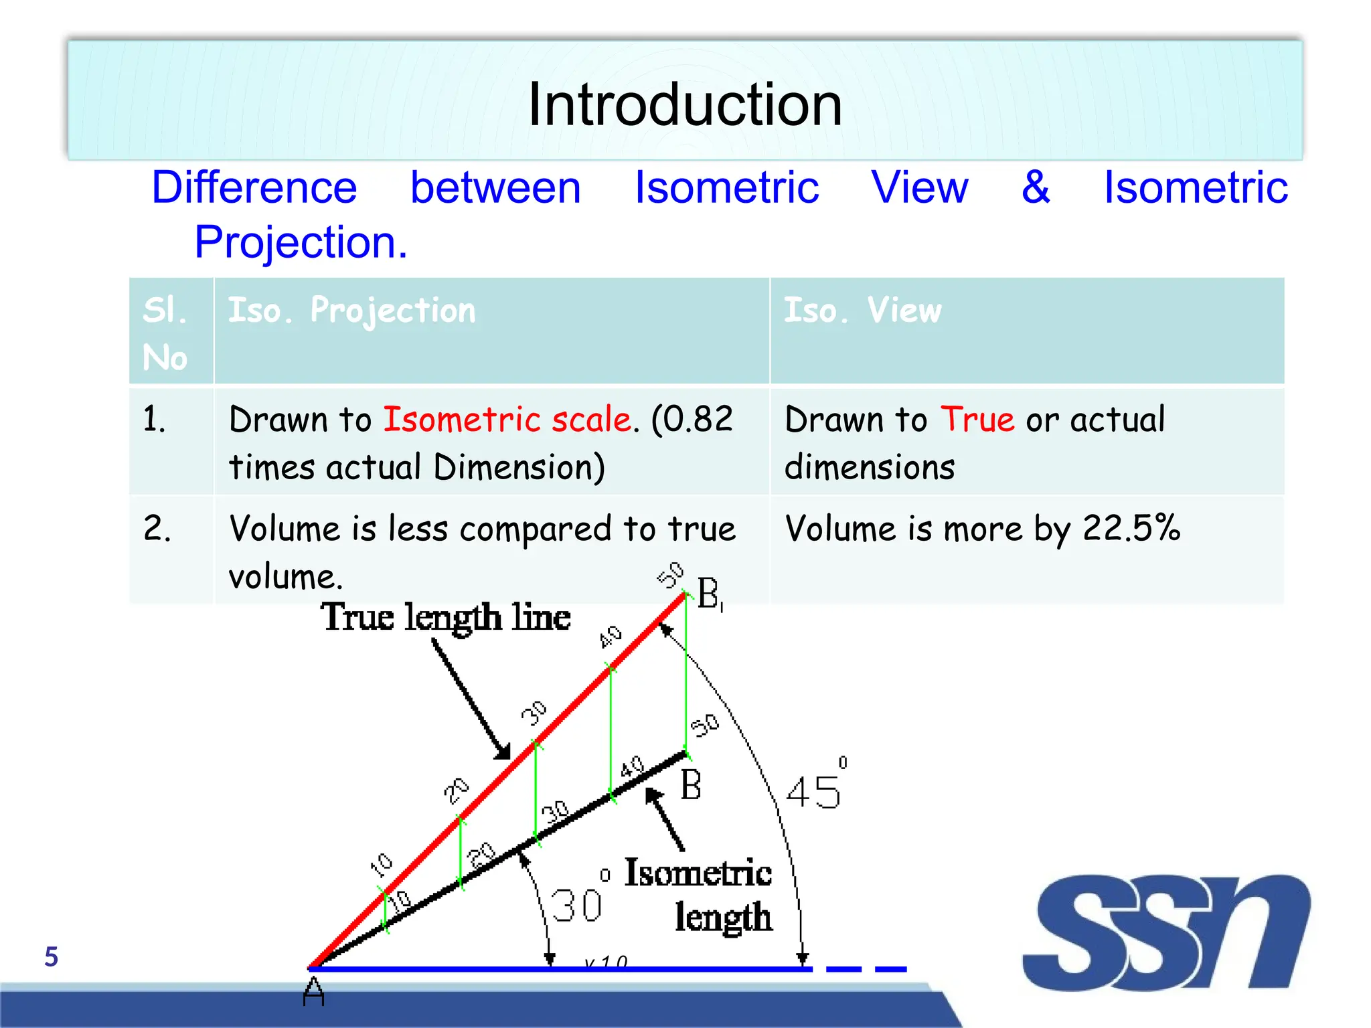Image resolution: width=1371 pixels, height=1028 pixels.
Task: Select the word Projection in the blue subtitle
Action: point(301,242)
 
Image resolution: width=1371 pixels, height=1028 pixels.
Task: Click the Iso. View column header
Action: point(862,311)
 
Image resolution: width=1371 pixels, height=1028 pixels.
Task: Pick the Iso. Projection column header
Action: point(352,311)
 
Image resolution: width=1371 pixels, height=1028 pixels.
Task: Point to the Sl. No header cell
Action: point(165,333)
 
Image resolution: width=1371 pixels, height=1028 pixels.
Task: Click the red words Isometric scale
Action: point(507,420)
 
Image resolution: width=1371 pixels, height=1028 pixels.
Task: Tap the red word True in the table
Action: point(977,420)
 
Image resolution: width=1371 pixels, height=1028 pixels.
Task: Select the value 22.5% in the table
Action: point(1131,528)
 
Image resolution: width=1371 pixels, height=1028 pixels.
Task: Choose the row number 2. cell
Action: point(157,528)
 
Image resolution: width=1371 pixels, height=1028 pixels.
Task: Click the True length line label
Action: point(445,616)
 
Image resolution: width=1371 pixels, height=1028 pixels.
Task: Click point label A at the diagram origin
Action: point(313,991)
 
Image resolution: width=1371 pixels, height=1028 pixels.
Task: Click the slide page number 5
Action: point(51,957)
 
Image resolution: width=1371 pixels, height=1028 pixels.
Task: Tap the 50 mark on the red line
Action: point(670,574)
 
